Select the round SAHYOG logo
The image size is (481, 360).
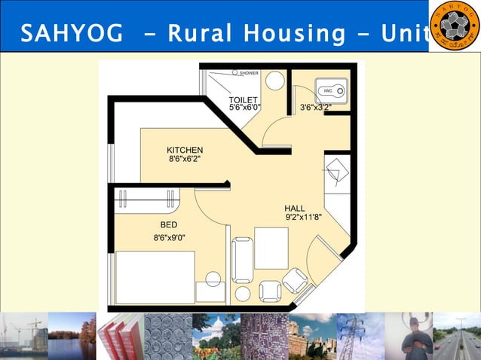454,26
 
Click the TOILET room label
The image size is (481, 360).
244,99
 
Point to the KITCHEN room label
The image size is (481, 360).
185,151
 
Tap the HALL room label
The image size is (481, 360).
295,208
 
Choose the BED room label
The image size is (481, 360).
169,224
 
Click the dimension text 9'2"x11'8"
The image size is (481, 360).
303,218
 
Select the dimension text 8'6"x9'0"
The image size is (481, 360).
170,238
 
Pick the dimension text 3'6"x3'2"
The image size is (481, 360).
316,108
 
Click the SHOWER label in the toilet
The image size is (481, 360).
249,73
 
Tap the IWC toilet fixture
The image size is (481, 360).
330,91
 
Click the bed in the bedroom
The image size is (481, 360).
155,276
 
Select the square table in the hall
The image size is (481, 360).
271,248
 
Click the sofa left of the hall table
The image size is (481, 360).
242,259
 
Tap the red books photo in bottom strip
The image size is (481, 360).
121,337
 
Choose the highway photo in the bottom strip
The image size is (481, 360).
457,337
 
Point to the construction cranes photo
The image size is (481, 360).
23,337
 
